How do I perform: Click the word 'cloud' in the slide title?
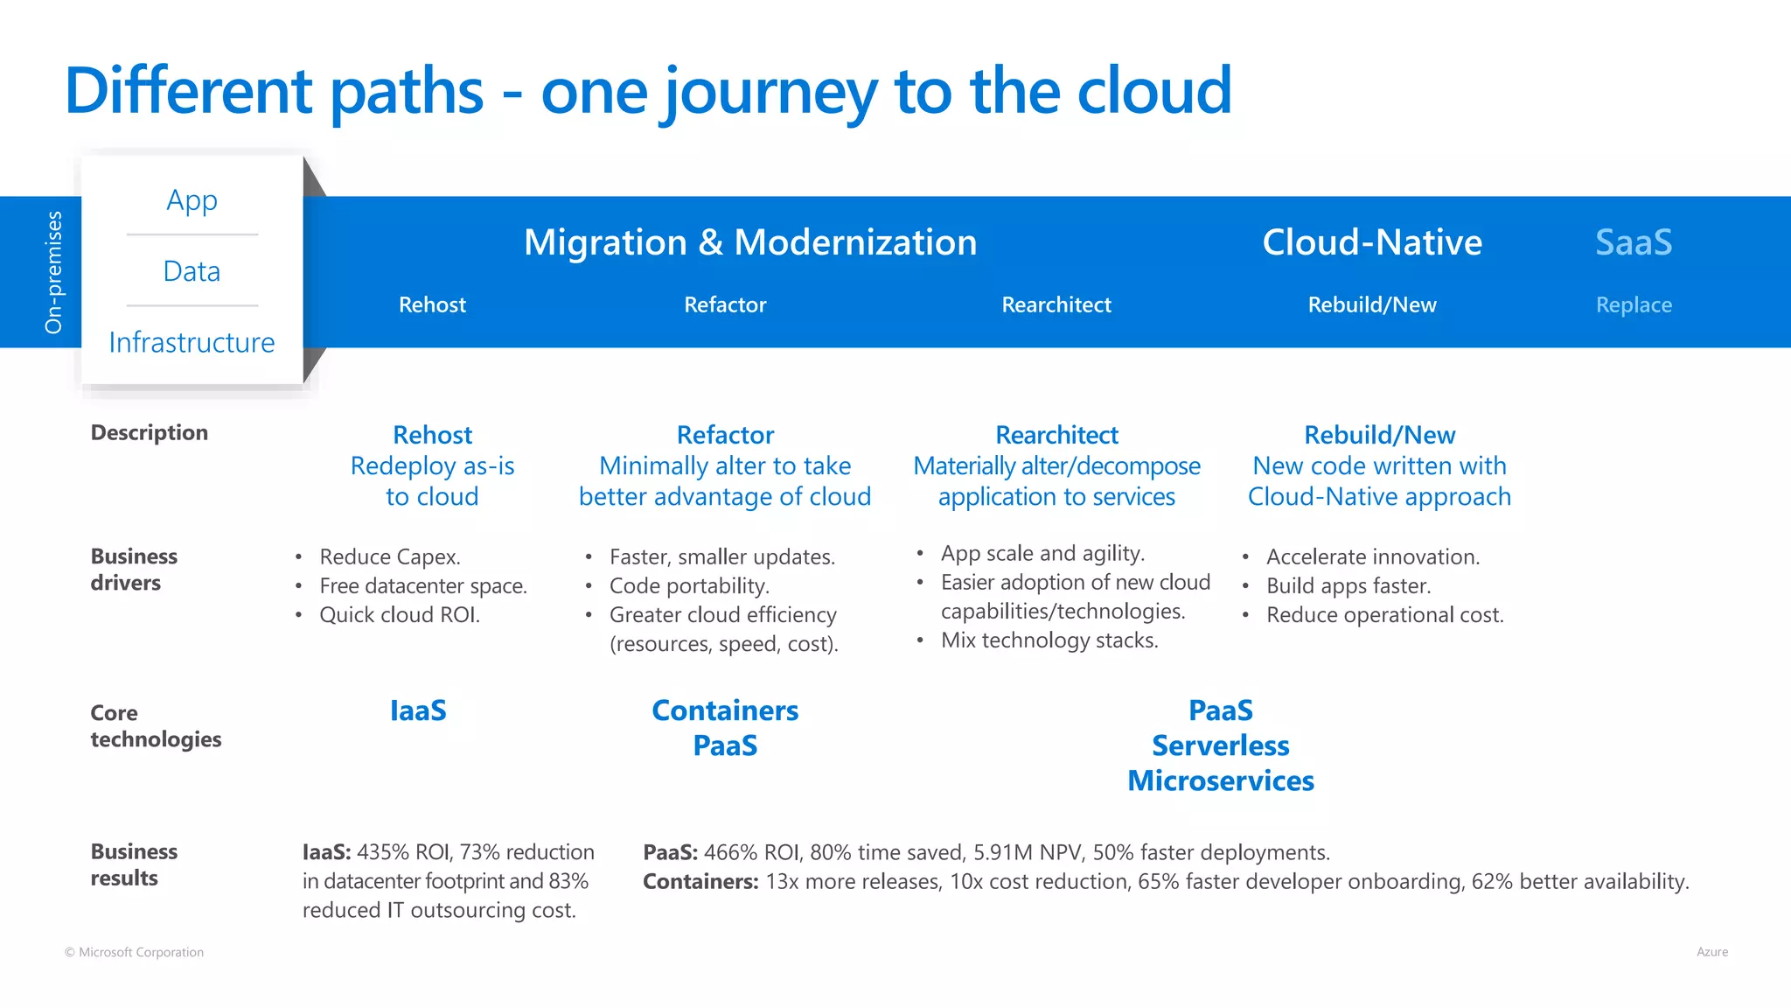[x=1153, y=91]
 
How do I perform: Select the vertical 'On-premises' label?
[x=54, y=272]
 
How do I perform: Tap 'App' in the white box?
[x=192, y=200]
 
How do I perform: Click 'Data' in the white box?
[x=192, y=271]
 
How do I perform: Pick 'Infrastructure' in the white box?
[x=192, y=342]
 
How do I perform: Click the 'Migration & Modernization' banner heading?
[x=749, y=242]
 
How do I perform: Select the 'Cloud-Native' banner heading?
[x=1371, y=242]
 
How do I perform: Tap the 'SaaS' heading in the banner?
[x=1633, y=242]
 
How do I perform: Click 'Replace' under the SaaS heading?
[x=1633, y=304]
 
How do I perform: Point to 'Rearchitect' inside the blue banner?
[x=1056, y=304]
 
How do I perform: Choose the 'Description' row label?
[x=150, y=432]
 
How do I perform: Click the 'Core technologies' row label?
[x=155, y=726]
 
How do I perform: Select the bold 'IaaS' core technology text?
[x=418, y=710]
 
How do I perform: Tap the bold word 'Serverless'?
[x=1220, y=745]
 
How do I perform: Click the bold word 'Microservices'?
[x=1220, y=780]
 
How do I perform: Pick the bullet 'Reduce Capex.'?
[x=390, y=557]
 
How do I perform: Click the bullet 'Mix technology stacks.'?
[x=1049, y=640]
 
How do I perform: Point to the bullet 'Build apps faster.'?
[x=1348, y=586]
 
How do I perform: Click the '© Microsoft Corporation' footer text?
[x=134, y=952]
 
